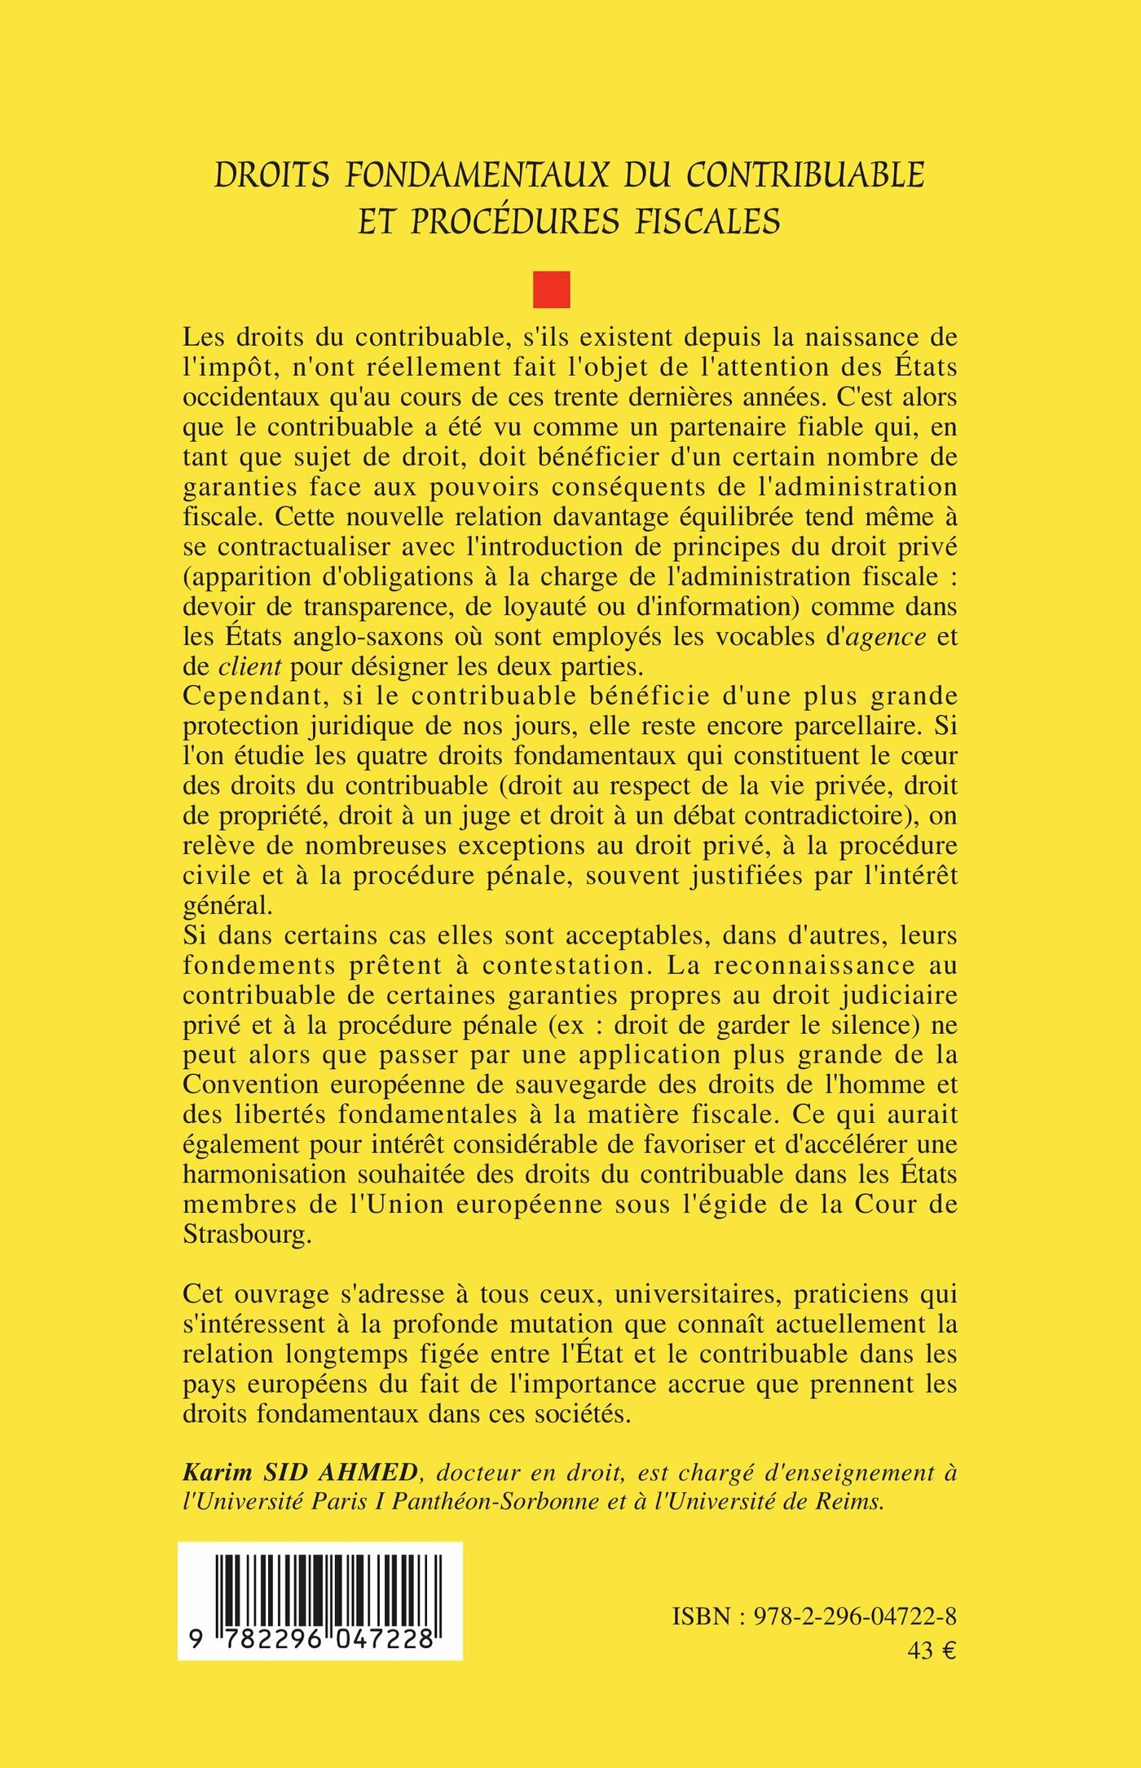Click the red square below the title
(x=552, y=290)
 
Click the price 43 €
(x=932, y=1651)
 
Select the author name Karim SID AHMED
(x=300, y=1473)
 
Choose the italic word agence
(x=886, y=637)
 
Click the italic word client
(x=250, y=667)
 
